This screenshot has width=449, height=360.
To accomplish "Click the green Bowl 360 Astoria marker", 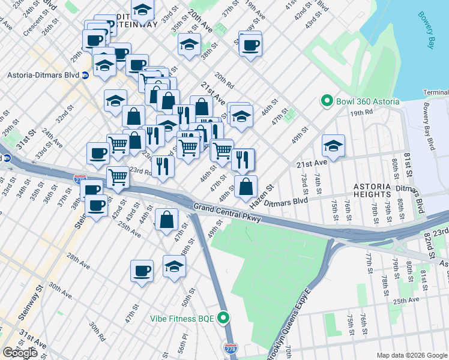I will (x=327, y=101).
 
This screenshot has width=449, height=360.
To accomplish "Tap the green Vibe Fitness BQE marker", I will (x=224, y=317).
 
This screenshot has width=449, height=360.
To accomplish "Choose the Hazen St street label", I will (x=261, y=196).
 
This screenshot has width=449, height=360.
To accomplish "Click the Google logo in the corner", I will (x=20, y=353).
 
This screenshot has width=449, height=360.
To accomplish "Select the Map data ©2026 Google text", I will (x=411, y=355).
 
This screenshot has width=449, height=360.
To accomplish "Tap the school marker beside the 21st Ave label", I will (x=333, y=145).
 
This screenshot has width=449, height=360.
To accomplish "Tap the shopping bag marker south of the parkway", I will (x=166, y=220).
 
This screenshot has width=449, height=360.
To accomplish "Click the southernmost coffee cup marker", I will (x=142, y=271).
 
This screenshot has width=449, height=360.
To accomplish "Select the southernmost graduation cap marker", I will (x=174, y=266).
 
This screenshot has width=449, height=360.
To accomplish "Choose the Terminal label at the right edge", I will (x=436, y=92).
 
